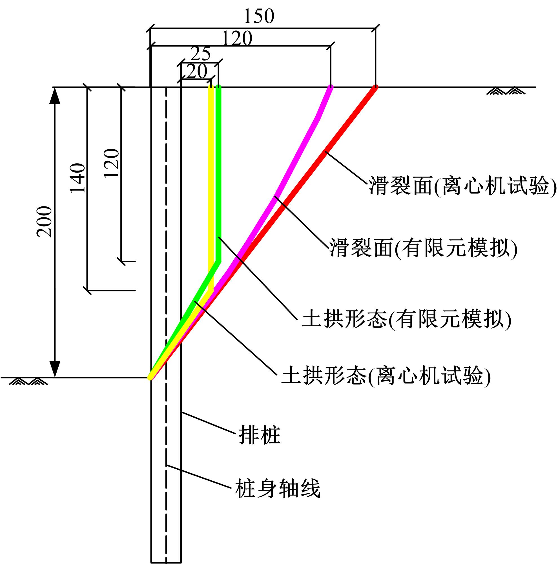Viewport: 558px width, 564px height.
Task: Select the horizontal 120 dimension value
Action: pyautogui.click(x=237, y=38)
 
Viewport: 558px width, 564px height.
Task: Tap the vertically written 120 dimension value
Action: pyautogui.click(x=112, y=163)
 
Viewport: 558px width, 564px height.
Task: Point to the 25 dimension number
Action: pyautogui.click(x=201, y=54)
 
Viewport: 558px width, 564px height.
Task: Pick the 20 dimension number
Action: pyautogui.click(x=197, y=71)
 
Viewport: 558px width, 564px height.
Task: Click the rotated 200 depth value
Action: pyautogui.click(x=45, y=222)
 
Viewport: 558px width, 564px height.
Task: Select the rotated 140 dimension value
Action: pyautogui.click(x=77, y=178)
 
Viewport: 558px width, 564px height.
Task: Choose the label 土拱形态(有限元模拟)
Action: pyautogui.click(x=406, y=319)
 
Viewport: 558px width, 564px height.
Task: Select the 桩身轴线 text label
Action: pyautogui.click(x=278, y=488)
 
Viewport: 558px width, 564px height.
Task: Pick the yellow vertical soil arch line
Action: pyautogui.click(x=211, y=188)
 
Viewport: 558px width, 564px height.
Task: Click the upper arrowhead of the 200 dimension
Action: pyautogui.click(x=55, y=96)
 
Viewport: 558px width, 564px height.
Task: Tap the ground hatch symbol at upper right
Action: pyautogui.click(x=506, y=91)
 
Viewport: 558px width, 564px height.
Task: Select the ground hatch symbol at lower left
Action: pyautogui.click(x=28, y=381)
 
